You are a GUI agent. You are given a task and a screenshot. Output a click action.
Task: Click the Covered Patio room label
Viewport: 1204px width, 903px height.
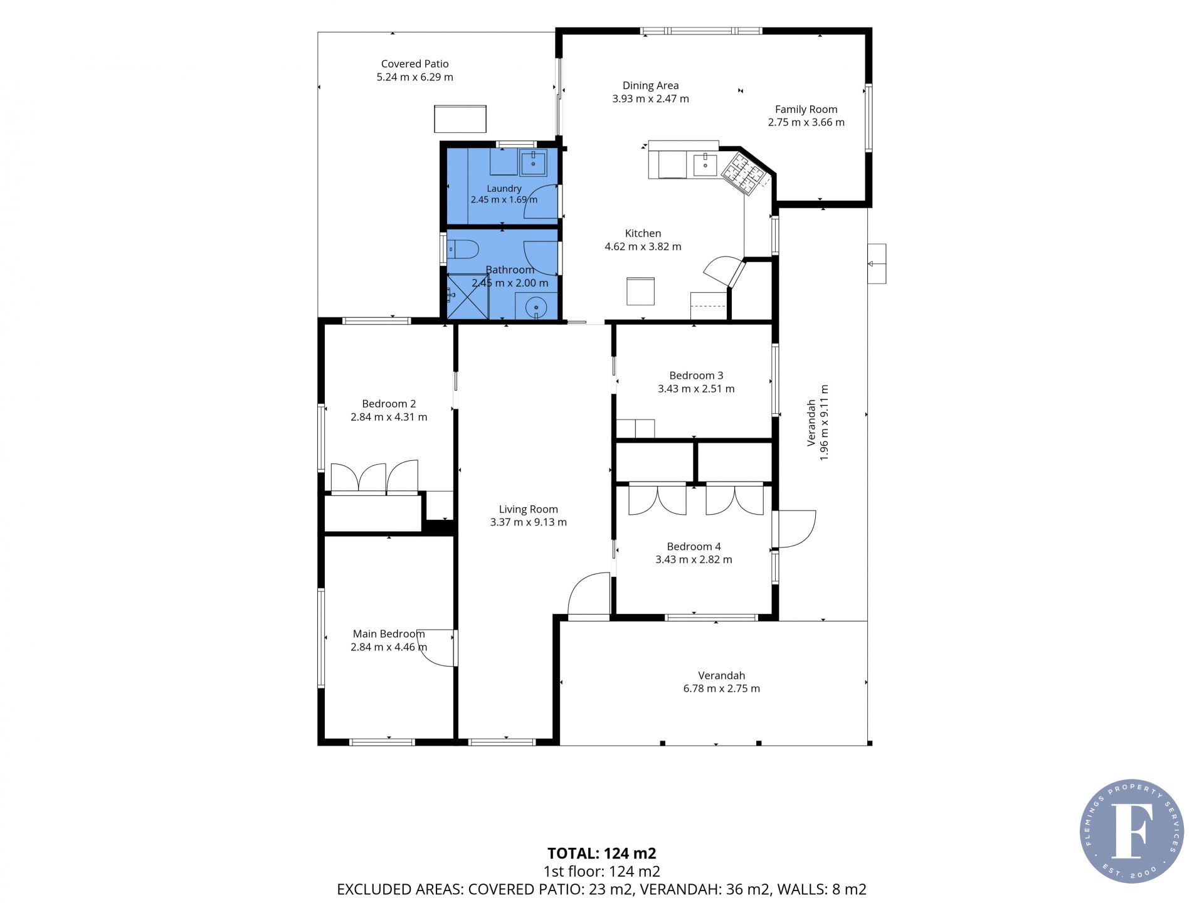point(415,64)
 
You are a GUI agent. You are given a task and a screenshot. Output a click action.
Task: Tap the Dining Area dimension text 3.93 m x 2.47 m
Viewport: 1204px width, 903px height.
point(650,98)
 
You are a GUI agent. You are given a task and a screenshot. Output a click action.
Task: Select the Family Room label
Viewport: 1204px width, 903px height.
point(806,109)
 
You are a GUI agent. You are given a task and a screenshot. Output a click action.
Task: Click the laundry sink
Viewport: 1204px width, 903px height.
point(533,162)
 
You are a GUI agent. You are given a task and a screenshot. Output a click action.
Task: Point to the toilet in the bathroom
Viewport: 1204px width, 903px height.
point(462,250)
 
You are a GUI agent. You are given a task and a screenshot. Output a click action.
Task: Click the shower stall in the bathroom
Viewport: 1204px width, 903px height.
point(468,297)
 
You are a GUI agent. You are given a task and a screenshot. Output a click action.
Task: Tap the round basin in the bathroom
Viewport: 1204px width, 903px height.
point(536,308)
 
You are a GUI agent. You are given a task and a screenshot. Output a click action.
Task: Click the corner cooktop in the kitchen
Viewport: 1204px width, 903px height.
point(744,173)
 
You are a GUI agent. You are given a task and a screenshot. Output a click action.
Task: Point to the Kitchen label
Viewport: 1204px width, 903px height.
point(643,233)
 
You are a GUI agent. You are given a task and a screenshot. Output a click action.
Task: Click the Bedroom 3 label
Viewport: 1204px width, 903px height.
point(696,376)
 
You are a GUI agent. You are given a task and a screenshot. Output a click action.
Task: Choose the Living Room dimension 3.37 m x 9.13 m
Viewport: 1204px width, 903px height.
point(528,522)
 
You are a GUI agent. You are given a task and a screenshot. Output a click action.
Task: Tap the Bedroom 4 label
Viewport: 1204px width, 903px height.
point(694,547)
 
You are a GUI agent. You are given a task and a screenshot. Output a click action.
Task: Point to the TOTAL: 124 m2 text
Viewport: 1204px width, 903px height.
point(601,853)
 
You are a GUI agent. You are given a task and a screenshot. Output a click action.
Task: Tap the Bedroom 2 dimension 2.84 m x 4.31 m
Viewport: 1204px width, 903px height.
point(389,417)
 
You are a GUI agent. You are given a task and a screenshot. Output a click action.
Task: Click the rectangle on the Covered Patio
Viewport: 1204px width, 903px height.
point(460,119)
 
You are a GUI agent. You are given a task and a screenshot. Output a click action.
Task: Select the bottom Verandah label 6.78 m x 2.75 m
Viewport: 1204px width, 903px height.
point(721,689)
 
